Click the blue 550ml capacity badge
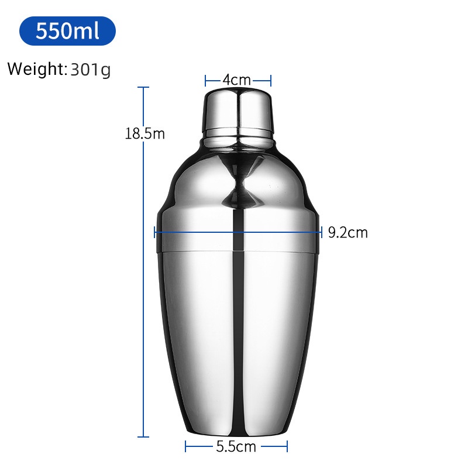tap(67, 31)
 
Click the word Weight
tap(35, 69)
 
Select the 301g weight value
tap(91, 70)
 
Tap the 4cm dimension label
tap(237, 80)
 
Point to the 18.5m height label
tap(144, 133)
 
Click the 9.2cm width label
tap(347, 232)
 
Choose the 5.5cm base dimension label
tap(236, 447)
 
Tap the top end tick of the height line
tap(143, 87)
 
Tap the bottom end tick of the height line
tap(143, 437)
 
